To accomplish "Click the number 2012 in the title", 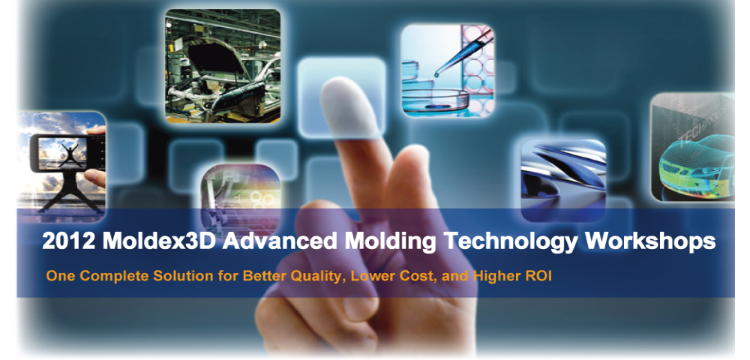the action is (68, 241).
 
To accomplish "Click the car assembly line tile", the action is (223, 66).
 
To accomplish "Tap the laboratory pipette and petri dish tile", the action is (447, 70).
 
